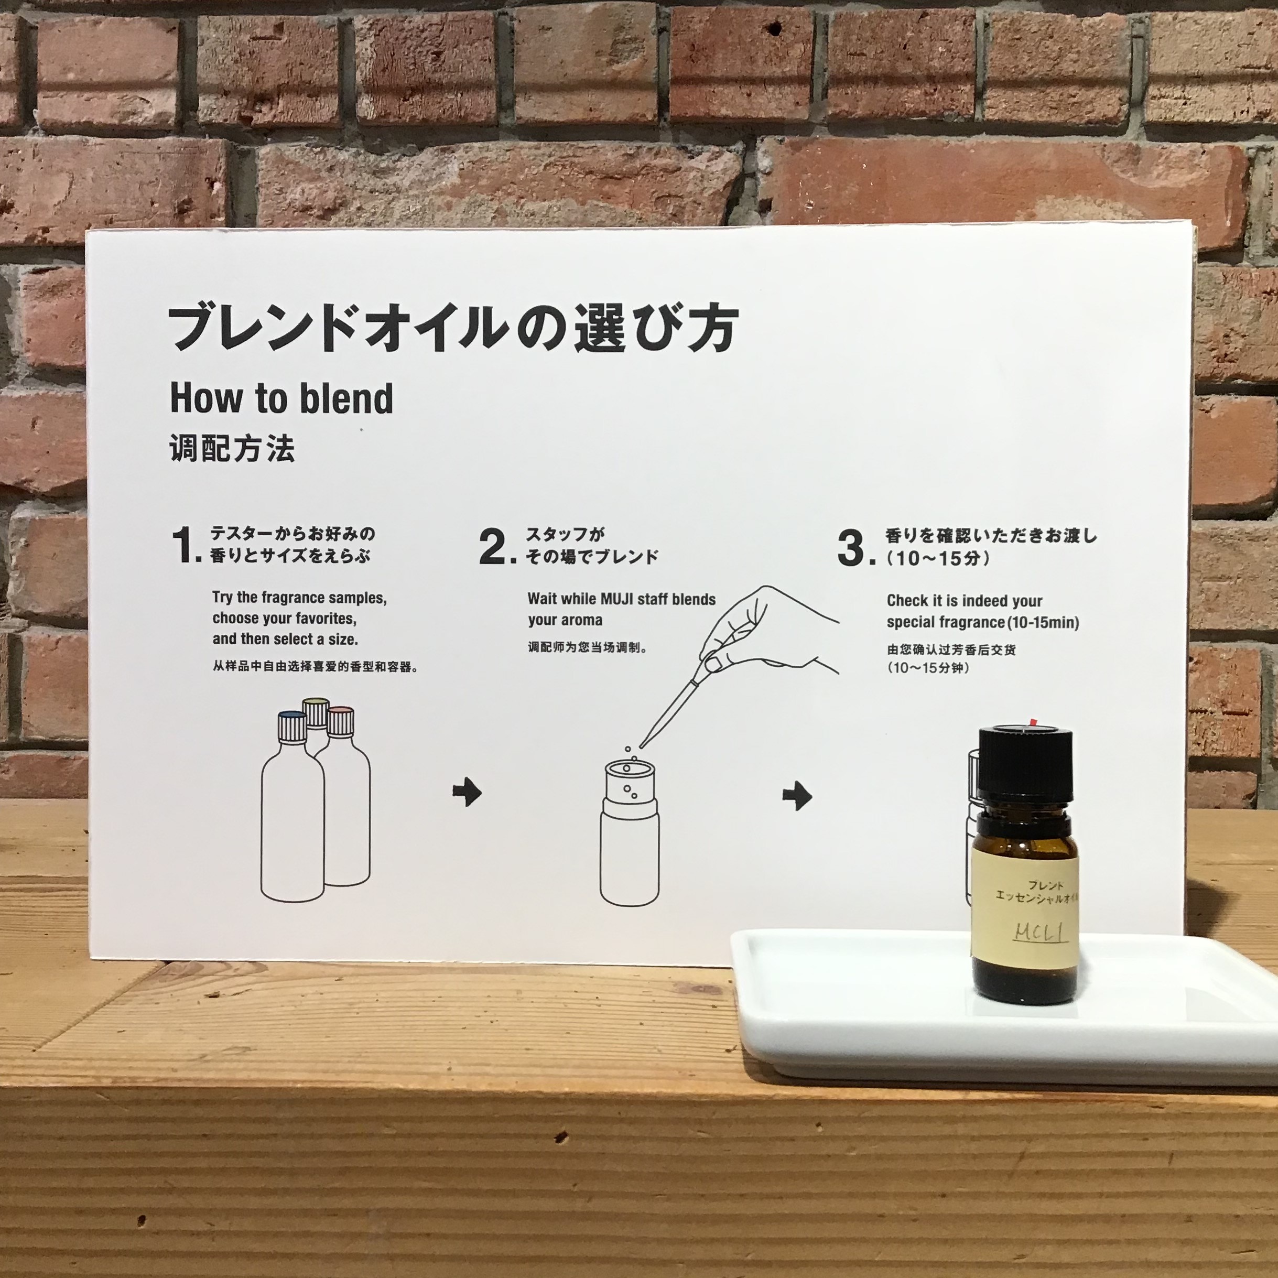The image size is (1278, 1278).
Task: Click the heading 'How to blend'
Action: [282, 398]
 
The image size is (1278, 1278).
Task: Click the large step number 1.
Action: [185, 546]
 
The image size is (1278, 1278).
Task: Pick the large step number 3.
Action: [853, 548]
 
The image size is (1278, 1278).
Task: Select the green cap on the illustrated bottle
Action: [316, 712]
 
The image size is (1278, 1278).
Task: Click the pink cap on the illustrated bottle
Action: [341, 721]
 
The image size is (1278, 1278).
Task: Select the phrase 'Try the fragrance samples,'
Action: [299, 598]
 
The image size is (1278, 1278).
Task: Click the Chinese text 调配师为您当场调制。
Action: [587, 647]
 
